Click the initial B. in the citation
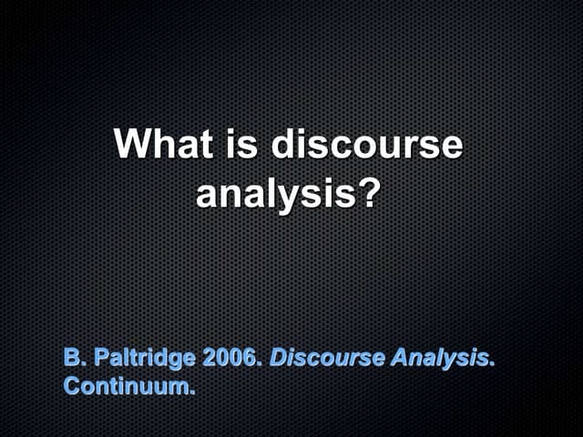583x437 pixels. (72, 357)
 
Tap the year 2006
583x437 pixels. (231, 357)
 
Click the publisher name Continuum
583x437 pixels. (127, 385)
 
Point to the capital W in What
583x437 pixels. (133, 146)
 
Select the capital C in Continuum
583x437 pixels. (71, 385)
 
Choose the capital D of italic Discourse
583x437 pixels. (278, 357)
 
